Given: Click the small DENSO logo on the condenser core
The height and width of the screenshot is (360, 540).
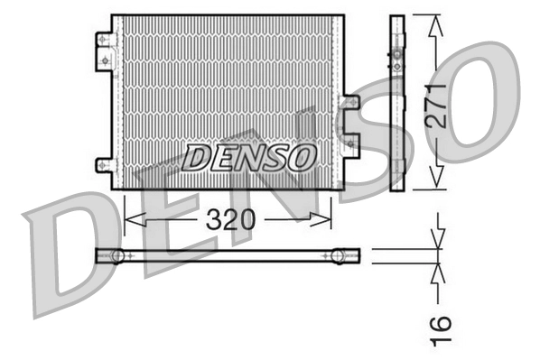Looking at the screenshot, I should click(x=248, y=158).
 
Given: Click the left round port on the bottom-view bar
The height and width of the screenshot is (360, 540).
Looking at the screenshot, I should click(x=117, y=256).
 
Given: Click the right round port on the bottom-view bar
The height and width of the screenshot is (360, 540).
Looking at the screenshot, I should click(x=339, y=256).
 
